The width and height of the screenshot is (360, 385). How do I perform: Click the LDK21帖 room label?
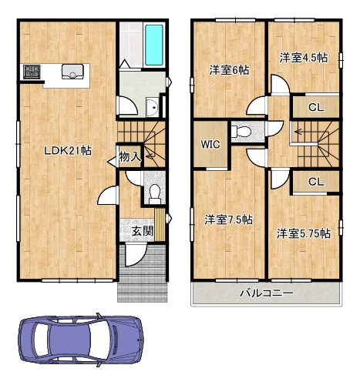click(x=68, y=151)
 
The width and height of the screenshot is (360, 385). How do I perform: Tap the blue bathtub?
click(x=153, y=45)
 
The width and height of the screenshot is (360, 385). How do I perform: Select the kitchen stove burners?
click(x=32, y=72)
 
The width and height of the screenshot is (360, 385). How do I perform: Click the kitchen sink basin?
click(x=72, y=72)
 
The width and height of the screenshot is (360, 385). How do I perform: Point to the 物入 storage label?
click(x=130, y=156)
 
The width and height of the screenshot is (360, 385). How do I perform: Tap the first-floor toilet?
click(x=155, y=194)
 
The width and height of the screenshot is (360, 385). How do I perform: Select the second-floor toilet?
click(x=241, y=132)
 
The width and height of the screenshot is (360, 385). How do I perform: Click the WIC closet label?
click(x=210, y=145)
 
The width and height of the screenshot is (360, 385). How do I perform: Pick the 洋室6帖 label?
click(x=229, y=70)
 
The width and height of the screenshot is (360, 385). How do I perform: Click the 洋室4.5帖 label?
click(x=304, y=58)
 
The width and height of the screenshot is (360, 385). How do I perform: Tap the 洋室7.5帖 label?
click(x=228, y=219)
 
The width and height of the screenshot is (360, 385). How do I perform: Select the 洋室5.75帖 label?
click(x=304, y=233)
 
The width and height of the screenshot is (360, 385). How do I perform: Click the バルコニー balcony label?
click(x=266, y=293)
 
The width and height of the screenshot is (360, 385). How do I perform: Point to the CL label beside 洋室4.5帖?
click(x=316, y=108)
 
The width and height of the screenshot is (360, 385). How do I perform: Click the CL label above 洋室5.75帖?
click(x=316, y=182)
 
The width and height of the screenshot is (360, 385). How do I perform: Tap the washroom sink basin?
click(x=153, y=108)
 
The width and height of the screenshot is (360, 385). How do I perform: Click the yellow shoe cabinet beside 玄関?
click(x=160, y=225)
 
